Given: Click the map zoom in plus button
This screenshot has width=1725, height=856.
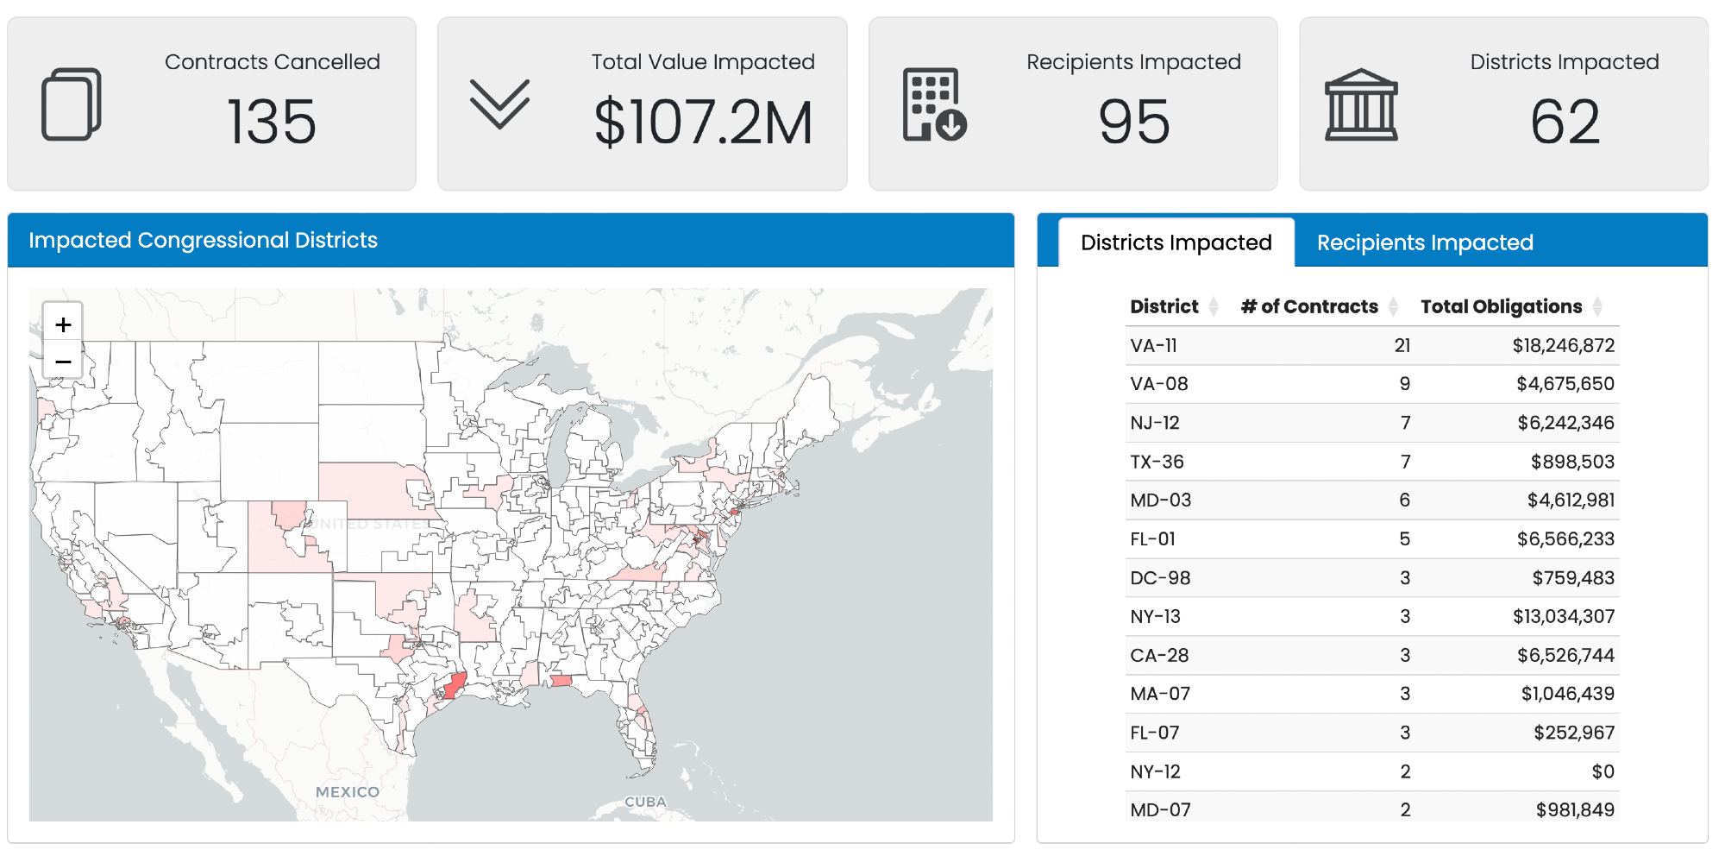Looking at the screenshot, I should coord(63,324).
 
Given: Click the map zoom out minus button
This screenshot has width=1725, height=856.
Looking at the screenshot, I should coord(63,361).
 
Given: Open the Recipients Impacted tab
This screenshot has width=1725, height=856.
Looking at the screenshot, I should coord(1424,242).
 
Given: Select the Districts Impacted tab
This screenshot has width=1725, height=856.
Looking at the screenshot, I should coord(1176,242).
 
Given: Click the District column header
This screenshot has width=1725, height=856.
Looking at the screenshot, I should coord(1164,306).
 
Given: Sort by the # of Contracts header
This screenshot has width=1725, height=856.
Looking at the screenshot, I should coord(1308,306).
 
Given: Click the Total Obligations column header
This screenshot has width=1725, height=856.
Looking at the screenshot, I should coord(1501,306).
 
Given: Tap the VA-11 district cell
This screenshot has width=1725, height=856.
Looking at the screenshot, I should coord(1153,346).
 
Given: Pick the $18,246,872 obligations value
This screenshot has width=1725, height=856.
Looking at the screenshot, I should coord(1563,346).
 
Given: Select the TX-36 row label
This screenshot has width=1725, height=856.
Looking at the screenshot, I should coord(1157,462).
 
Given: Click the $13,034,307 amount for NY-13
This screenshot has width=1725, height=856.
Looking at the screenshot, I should coord(1563,616).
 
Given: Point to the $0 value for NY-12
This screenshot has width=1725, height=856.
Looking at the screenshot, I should coord(1603,771).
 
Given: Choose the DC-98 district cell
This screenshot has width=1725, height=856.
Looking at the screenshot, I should coord(1160,578).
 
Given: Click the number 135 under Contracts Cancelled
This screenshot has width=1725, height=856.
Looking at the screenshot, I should coord(272,122).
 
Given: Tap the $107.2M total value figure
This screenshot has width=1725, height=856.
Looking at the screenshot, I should coord(703,123).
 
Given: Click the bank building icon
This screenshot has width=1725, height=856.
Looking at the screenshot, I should coord(1361,105).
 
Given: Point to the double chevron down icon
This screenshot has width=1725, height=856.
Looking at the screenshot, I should coord(499,104).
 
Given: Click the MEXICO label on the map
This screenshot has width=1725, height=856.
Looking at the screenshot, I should coord(347,792).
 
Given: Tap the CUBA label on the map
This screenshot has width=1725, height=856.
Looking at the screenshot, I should coord(645,802).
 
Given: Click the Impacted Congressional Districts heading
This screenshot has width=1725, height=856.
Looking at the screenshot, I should coord(203,240).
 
